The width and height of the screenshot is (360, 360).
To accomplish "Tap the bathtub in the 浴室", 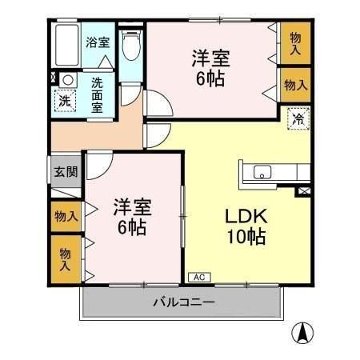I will pyautogui.click(x=66, y=45).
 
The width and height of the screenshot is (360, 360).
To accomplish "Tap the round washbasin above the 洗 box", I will pyautogui.click(x=67, y=80).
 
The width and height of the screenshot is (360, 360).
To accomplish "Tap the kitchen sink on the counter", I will pyautogui.click(x=262, y=172).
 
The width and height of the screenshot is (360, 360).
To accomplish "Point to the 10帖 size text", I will pyautogui.click(x=244, y=237).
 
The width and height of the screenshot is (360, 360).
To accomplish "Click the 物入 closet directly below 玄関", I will pyautogui.click(x=66, y=216).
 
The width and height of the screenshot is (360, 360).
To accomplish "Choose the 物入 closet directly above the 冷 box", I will pyautogui.click(x=295, y=83).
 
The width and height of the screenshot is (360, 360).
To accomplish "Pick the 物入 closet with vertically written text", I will pyautogui.click(x=65, y=259).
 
